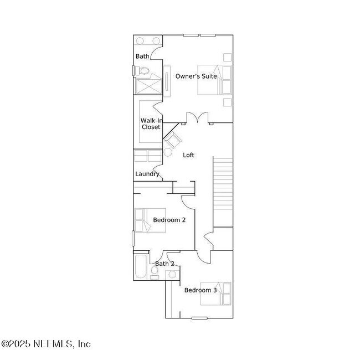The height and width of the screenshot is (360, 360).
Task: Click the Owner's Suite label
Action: click(196, 76)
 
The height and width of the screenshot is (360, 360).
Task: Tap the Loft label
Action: click(189, 155)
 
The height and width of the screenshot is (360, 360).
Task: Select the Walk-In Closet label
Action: click(150, 124)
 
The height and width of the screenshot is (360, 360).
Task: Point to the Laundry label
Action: click(147, 174)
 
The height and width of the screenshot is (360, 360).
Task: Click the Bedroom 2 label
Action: click(169, 220)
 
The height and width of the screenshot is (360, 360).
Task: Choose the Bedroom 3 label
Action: click(200, 290)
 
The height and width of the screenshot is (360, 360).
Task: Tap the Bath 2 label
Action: click(164, 264)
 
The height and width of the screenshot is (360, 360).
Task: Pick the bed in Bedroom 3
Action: click(222, 294)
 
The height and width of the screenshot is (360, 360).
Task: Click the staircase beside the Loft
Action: click(223, 182)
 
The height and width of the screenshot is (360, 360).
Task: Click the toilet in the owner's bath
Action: click(142, 71)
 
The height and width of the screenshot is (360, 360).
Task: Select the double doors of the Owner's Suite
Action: click(197, 117)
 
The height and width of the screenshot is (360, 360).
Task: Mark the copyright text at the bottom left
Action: click(46, 344)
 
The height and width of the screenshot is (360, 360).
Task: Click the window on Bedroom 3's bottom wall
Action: click(199, 318)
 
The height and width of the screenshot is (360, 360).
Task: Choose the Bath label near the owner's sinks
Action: click(142, 56)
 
